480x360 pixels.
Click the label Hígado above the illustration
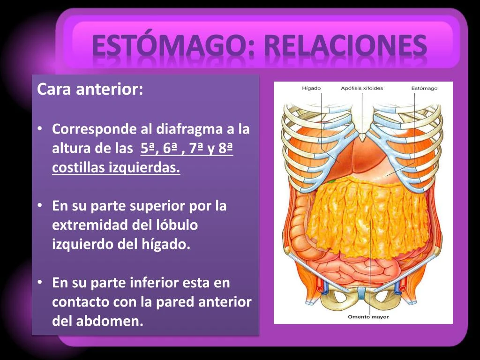pyautogui.click(x=311, y=88)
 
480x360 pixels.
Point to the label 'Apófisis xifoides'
pyautogui.click(x=362, y=88)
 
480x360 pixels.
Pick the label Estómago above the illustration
pyautogui.click(x=424, y=88)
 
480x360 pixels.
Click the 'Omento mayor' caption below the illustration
pyautogui.click(x=368, y=317)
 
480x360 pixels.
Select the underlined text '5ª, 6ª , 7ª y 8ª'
pyautogui.click(x=187, y=149)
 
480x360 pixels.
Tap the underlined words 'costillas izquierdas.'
pyautogui.click(x=116, y=168)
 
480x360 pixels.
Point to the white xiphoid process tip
pyautogui.click(x=362, y=136)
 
